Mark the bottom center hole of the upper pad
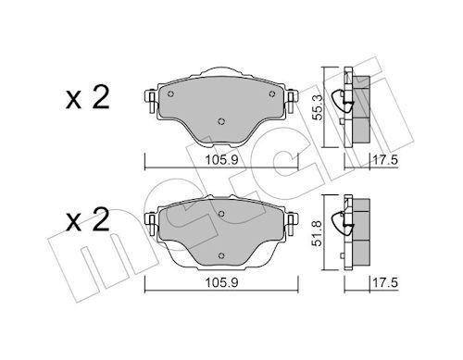click(219, 119)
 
